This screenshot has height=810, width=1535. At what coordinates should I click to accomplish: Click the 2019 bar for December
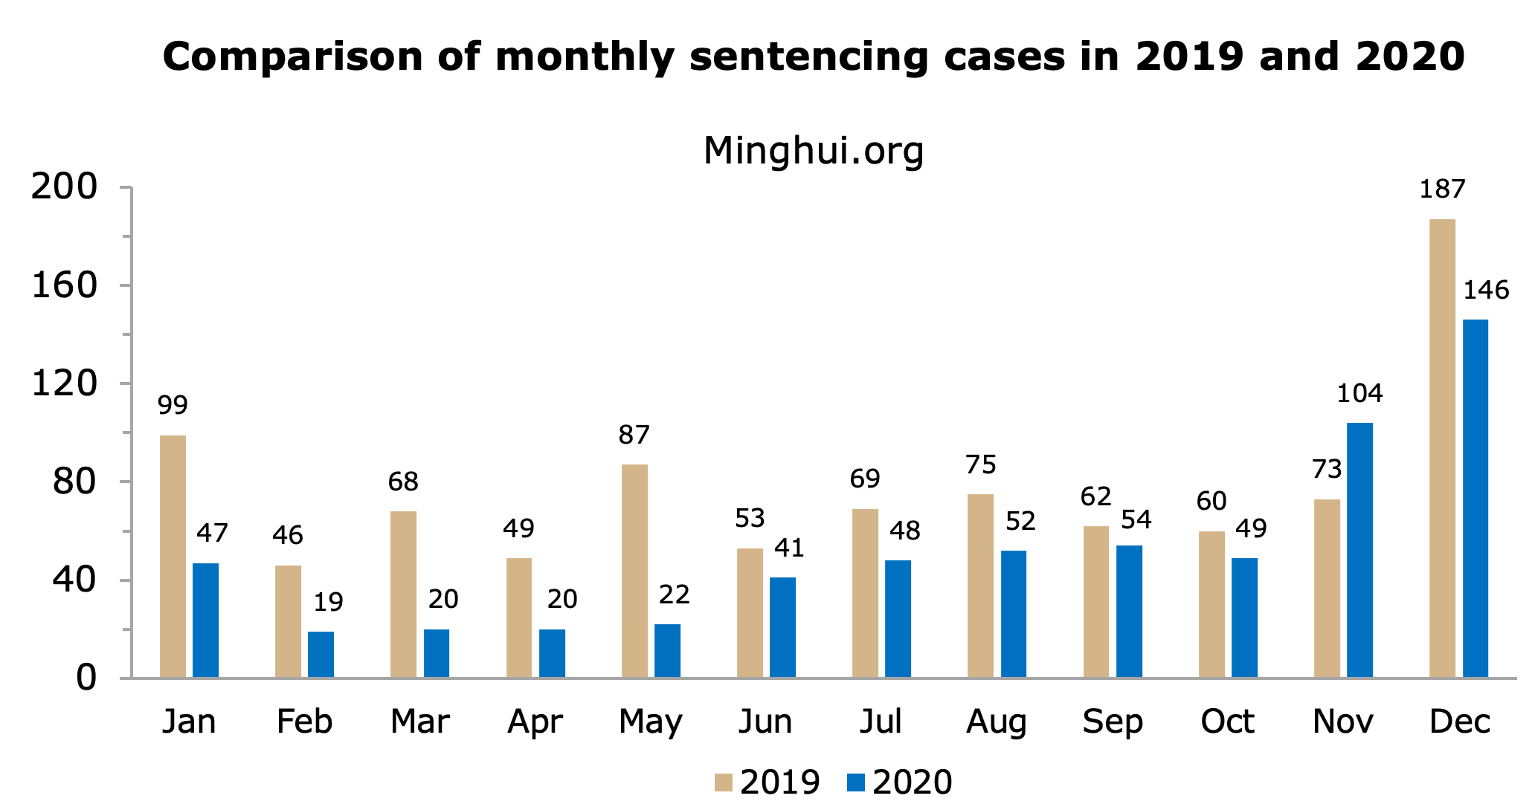pyautogui.click(x=1442, y=448)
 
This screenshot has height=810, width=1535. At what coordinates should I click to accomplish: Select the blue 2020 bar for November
pyautogui.click(x=1359, y=550)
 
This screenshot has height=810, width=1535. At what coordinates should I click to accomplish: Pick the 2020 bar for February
pyautogui.click(x=321, y=654)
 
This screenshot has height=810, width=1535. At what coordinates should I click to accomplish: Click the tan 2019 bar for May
pyautogui.click(x=634, y=571)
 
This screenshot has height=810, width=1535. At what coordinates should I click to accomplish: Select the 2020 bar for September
pyautogui.click(x=1129, y=611)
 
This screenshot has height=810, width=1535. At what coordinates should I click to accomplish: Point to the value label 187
pyautogui.click(x=1442, y=189)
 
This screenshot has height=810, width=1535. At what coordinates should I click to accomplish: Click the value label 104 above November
pyautogui.click(x=1359, y=393)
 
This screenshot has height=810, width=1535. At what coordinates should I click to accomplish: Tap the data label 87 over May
pyautogui.click(x=634, y=435)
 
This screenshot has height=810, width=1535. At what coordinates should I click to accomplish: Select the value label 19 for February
pyautogui.click(x=328, y=602)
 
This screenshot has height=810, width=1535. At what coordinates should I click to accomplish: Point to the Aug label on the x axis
pyautogui.click(x=997, y=722)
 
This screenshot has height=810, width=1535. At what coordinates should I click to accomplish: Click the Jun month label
pyautogui.click(x=765, y=722)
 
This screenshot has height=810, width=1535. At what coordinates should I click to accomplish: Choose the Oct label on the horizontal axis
pyautogui.click(x=1227, y=722)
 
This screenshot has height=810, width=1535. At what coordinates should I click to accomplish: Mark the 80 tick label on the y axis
pyautogui.click(x=74, y=482)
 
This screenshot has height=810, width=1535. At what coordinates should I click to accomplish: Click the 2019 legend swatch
pyautogui.click(x=723, y=783)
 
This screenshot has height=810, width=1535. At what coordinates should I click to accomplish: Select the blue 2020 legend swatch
pyautogui.click(x=856, y=783)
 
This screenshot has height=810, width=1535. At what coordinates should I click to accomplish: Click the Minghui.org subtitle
pyautogui.click(x=814, y=151)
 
